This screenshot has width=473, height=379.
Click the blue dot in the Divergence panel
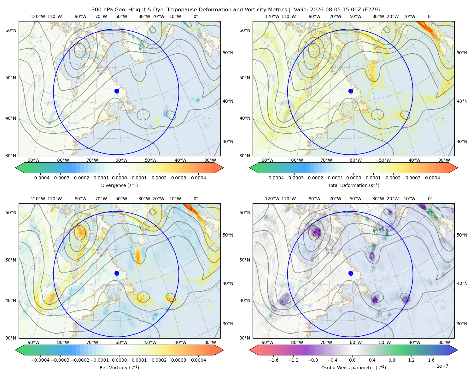coord(117,91)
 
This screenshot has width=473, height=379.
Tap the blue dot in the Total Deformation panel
coord(351,91)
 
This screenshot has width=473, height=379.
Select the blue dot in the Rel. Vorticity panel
coord(117,273)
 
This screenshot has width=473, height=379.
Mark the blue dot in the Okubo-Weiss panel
coord(351,273)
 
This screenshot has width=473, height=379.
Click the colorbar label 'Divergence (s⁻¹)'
coord(119,185)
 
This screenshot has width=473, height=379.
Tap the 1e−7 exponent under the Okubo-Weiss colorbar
coord(442,366)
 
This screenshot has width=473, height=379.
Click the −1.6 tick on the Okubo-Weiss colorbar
coord(273,360)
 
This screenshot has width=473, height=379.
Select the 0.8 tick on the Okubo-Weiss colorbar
coord(392,360)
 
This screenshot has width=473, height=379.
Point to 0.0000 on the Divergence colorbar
coord(119,178)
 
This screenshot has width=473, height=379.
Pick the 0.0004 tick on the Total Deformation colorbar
coord(433,178)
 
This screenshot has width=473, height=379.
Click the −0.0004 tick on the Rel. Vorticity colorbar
coord(40,360)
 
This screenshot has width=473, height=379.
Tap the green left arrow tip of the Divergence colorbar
coord(15,168)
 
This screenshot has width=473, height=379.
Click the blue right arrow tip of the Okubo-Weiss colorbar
coord(458,350)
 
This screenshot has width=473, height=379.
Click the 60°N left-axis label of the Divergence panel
coord(11,30)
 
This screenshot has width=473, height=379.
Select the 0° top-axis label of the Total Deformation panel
coord(430,16)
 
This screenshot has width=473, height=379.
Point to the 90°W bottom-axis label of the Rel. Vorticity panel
coord(34,342)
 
